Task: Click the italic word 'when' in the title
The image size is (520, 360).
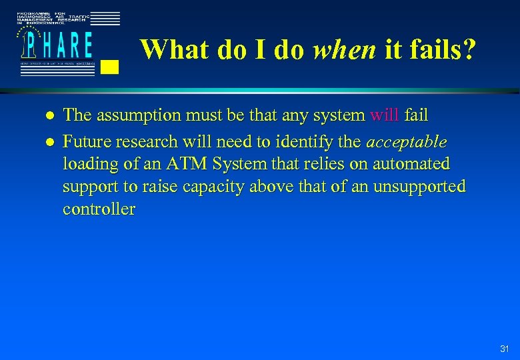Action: pos(344,49)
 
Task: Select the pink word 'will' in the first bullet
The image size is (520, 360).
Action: pos(385,115)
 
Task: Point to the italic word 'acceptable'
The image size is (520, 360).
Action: pos(407,141)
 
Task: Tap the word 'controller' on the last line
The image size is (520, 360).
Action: pos(99,209)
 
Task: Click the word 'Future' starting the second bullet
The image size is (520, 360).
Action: pos(85,141)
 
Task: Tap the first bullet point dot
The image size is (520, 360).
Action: pos(48,116)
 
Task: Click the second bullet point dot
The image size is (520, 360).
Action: pos(48,142)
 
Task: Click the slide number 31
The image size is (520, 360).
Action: pos(504,349)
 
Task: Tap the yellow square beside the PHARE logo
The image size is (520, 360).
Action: pos(111,66)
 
